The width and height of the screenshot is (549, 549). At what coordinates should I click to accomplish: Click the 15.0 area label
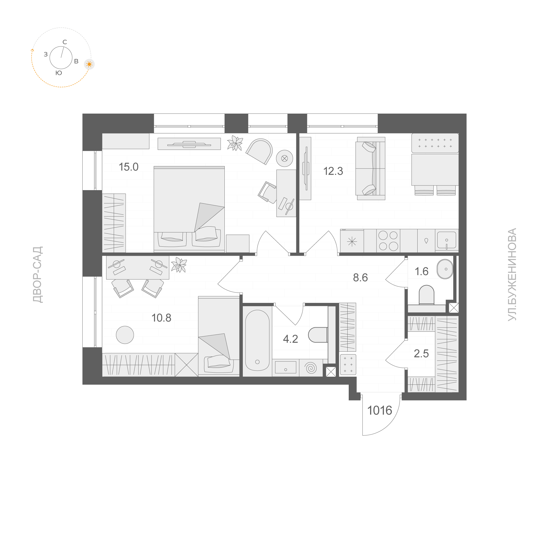click(x=129, y=167)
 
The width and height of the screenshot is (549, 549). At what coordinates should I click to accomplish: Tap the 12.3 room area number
click(x=333, y=171)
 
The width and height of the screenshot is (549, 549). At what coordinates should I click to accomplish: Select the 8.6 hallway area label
click(x=360, y=278)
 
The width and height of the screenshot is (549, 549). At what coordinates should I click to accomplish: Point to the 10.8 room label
click(x=161, y=318)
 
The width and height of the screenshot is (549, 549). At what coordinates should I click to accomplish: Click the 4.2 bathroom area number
click(x=290, y=339)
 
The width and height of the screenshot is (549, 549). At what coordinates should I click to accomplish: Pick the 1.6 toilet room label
click(x=421, y=271)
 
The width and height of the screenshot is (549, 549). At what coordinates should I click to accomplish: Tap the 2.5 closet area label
click(x=421, y=353)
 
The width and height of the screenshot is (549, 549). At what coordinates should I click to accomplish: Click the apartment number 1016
click(x=380, y=410)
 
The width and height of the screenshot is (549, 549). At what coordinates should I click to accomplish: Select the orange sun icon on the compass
click(x=89, y=64)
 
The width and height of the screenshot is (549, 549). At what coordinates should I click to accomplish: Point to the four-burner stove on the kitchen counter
click(x=388, y=241)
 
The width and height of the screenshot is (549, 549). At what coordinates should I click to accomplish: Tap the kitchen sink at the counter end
click(x=446, y=240)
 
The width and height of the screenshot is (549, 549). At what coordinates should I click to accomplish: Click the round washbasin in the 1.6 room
click(x=445, y=269)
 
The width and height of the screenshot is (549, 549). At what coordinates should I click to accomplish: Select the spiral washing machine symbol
click(x=311, y=368)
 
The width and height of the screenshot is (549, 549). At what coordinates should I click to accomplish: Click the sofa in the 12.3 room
click(x=370, y=168)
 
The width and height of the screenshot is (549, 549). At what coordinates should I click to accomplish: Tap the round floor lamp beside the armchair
click(x=285, y=158)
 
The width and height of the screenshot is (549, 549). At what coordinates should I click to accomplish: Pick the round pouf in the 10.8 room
click(x=125, y=335)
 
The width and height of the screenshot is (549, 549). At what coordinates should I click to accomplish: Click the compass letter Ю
click(x=59, y=73)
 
